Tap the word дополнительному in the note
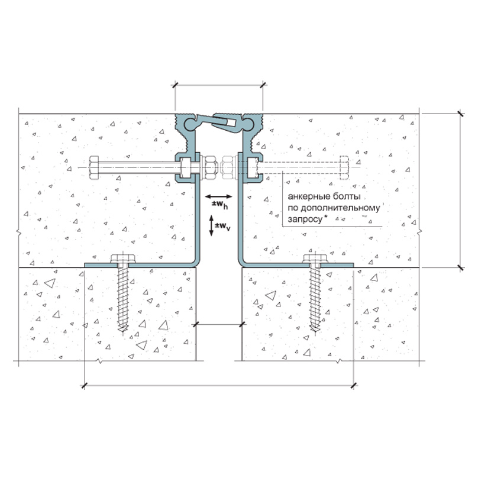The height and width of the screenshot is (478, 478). [340, 208]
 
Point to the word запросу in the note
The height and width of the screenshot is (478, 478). [305, 219]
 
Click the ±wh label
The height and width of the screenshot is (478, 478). [220, 205]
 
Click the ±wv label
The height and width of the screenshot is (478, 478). [222, 226]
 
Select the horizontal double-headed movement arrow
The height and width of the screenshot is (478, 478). [218, 196]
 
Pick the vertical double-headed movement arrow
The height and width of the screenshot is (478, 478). [211, 225]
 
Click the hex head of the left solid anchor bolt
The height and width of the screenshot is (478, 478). [93, 167]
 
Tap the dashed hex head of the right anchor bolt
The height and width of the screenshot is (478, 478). [344, 167]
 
